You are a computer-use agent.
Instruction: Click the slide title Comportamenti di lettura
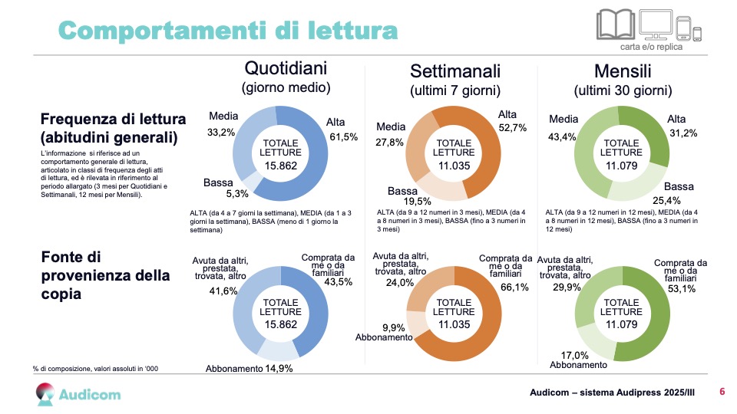pos(228,30)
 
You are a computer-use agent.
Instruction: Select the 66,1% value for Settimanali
pos(514,287)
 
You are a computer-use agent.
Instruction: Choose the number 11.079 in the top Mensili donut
pos(622,165)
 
